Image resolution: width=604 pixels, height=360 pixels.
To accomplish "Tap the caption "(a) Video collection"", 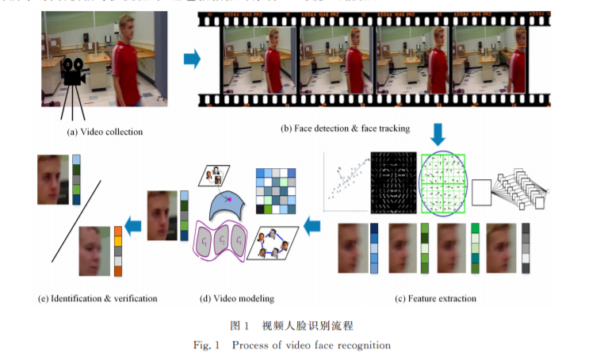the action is coord(105,131).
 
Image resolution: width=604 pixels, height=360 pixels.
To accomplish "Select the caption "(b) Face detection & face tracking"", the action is coord(351,128).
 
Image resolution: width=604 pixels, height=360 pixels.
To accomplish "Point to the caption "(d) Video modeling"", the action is coord(237,299).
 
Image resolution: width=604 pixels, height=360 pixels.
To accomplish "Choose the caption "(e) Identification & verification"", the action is coord(97,299).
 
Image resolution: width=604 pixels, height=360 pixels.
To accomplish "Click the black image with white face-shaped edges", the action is coord(394,182).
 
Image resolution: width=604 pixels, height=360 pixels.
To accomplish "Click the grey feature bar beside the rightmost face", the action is coord(526,248).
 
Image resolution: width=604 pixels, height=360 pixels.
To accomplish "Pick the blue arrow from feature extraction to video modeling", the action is coord(312,227).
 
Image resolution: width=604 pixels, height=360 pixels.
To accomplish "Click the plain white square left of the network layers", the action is coord(482,191).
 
